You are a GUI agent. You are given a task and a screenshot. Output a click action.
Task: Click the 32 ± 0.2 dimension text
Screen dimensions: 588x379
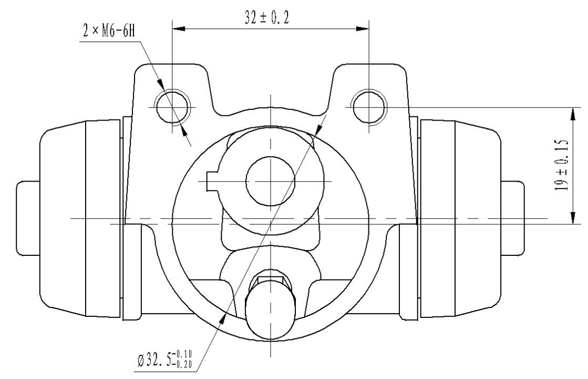[x=267, y=18]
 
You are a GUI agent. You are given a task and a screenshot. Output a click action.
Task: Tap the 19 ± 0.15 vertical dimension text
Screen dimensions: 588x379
[x=561, y=165]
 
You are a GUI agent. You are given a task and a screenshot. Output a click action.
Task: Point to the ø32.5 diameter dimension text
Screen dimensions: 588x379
[x=164, y=358]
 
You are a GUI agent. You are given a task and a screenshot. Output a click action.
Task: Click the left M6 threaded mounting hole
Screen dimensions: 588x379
[x=172, y=107]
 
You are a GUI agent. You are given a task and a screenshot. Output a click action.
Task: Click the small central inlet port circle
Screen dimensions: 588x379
[x=271, y=181]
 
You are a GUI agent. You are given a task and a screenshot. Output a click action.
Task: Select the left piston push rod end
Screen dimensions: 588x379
[x=28, y=218]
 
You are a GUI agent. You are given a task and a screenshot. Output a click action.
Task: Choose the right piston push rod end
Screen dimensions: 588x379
[x=513, y=218]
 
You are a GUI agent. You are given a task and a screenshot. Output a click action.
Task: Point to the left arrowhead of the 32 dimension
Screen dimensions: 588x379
[x=179, y=28]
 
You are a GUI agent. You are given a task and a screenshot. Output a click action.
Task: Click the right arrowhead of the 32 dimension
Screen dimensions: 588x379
[x=362, y=28]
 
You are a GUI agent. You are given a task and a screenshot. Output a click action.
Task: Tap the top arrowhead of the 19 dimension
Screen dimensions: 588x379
[x=573, y=114]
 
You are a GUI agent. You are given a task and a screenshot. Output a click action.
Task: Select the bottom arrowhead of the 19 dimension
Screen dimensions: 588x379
[x=573, y=217]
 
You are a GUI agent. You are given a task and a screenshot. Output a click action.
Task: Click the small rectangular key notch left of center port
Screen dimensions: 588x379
[x=212, y=181]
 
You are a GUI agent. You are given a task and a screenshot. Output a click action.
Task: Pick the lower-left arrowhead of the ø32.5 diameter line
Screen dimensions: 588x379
[x=223, y=320]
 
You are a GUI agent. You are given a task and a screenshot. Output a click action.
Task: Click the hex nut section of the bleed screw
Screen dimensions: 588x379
[x=270, y=281]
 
